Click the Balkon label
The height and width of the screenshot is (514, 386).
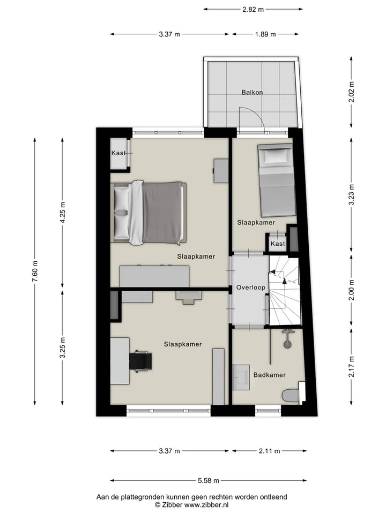pos(252,92)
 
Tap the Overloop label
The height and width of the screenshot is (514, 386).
pos(250,288)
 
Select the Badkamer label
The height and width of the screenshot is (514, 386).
pos(269,375)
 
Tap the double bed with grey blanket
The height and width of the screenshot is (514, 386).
pos(149,213)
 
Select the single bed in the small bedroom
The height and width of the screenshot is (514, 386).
pos(276,179)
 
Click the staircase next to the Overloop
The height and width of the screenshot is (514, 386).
pos(284,290)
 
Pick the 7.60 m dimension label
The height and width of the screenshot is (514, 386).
pos(35,271)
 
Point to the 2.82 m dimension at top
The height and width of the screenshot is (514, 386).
pos(253,9)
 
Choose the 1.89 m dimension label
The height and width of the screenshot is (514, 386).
pos(264,34)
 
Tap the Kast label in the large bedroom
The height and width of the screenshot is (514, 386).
pos(118,153)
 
